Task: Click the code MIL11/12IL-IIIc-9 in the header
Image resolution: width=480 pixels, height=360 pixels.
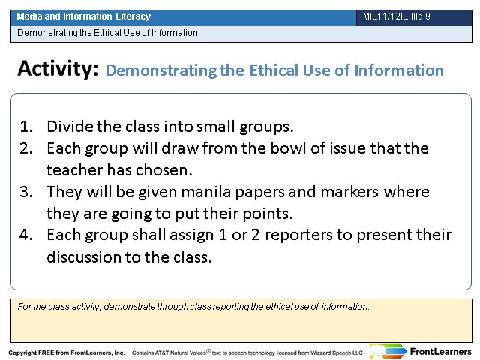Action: [397, 16]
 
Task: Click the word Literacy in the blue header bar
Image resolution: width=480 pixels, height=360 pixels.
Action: [133, 16]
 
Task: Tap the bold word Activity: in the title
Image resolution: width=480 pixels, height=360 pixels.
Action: [58, 68]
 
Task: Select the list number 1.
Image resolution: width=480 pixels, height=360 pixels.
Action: [26, 127]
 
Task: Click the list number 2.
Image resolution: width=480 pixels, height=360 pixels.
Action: [26, 148]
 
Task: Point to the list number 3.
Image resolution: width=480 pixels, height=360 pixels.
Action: [26, 192]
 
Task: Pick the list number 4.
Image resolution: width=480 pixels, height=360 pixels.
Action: [26, 235]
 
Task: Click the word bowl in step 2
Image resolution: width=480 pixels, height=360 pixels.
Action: [288, 148]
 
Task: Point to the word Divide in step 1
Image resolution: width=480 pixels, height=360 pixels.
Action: [70, 127]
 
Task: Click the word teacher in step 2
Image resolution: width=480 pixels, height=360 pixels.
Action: [74, 170]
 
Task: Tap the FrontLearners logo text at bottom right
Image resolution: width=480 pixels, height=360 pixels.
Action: [440, 352]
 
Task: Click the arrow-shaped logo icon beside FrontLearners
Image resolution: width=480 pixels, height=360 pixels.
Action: [388, 351]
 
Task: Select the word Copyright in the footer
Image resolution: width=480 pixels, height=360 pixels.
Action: [22, 352]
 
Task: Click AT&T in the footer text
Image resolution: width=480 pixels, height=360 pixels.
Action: [162, 352]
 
